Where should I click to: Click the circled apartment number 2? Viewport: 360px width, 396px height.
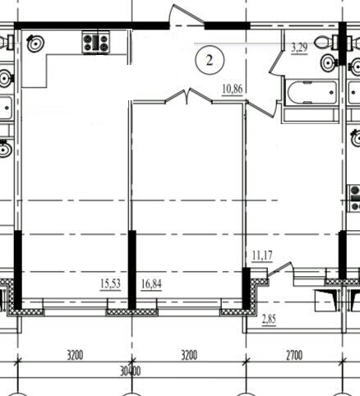coord(210,60)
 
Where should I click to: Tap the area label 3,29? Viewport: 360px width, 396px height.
coord(299,48)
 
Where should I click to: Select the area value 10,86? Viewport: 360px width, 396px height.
coord(233,89)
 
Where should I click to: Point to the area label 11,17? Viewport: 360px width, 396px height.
coord(262,256)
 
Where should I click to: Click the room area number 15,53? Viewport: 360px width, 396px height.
coord(110,283)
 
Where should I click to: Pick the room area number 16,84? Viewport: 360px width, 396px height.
coord(151,284)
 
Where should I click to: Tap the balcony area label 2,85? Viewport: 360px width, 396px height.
coord(269,320)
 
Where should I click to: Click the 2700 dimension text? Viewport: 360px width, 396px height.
coord(294,356)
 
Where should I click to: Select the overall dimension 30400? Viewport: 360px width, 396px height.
coord(131,371)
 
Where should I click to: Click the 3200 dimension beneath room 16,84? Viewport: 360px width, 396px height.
coord(189,356)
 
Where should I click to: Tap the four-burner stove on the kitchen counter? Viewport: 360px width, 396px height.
coord(95,43)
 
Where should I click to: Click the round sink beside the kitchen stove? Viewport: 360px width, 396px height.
coord(35,43)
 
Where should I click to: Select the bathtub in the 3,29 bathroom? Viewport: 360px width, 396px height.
coord(312,92)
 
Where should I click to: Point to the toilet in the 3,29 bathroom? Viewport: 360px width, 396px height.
coord(327,43)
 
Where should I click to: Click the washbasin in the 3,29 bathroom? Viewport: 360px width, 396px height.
coord(330,62)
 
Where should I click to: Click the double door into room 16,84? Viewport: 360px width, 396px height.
coord(188,96)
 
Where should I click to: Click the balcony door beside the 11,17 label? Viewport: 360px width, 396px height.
coord(280,269)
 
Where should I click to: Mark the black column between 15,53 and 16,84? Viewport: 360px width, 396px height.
coord(132,270)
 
